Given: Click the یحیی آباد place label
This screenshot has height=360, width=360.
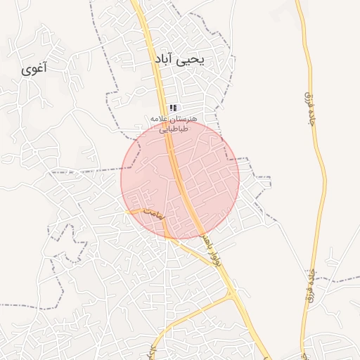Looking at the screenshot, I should [x=179, y=60].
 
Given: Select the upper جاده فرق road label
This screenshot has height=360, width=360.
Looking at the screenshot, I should [x=308, y=105].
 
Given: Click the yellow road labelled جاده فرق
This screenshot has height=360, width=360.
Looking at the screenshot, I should [x=321, y=176].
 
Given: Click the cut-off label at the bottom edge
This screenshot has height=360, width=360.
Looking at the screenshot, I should [x=152, y=352].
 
